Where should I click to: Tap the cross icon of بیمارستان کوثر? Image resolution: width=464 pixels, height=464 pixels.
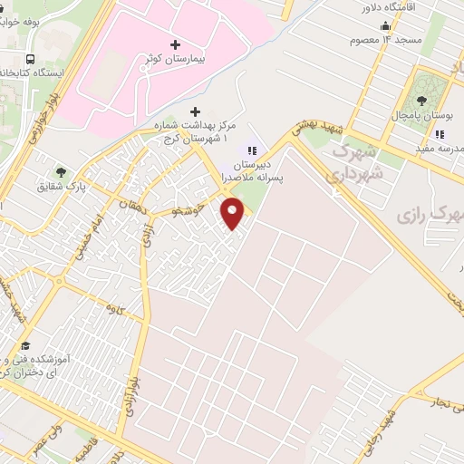pyautogui.click(x=175, y=43)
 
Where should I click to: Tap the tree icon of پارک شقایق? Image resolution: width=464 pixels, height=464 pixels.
pyautogui.click(x=61, y=171)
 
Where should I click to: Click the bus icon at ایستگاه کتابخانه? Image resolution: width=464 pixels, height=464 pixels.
pyautogui.click(x=32, y=58)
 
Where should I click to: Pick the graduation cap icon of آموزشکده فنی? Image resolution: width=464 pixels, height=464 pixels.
pyautogui.click(x=25, y=346)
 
